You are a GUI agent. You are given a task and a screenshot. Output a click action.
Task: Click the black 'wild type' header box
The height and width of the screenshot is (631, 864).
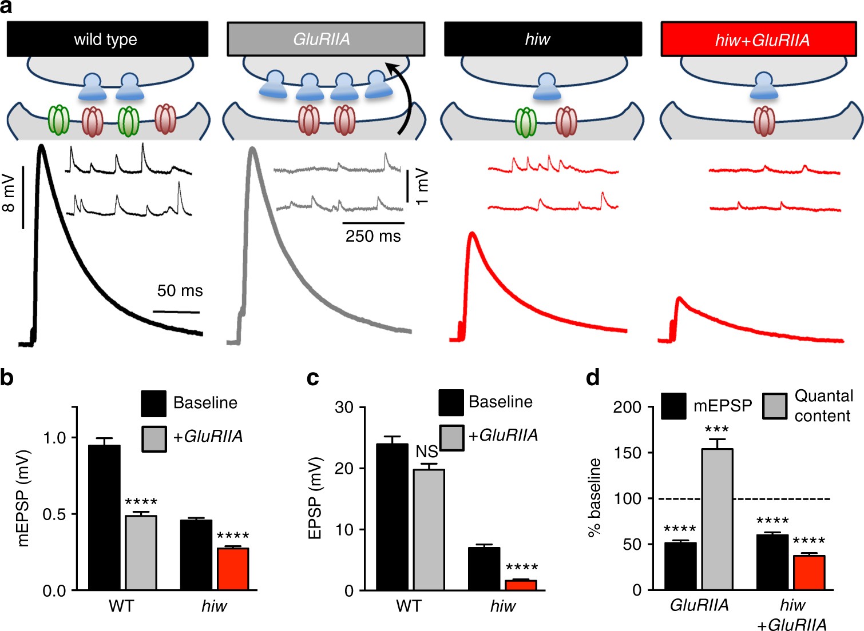107,39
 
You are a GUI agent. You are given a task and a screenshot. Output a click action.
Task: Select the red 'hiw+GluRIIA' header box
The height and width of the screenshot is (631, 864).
762,39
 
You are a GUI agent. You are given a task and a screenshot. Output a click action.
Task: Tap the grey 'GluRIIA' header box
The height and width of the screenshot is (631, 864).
326,39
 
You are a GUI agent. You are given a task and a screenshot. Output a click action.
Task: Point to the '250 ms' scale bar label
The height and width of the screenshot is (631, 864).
373,236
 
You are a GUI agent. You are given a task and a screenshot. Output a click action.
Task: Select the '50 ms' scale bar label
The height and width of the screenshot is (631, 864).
180,291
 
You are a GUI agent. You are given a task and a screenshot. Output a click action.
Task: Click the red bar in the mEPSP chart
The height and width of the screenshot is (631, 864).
233,569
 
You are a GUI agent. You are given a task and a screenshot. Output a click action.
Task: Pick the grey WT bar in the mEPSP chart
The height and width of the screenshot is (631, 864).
141,553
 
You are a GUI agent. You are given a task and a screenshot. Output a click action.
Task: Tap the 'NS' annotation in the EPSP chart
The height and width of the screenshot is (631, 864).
427,452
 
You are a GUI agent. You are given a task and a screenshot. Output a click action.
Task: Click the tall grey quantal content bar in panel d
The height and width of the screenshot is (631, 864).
717,519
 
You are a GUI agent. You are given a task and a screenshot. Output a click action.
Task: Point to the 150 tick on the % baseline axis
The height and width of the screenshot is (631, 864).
627,453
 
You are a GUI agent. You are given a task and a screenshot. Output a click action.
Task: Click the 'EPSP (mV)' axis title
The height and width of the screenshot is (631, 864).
315,498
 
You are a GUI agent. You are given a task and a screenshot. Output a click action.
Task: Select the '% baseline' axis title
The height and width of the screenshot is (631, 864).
595,497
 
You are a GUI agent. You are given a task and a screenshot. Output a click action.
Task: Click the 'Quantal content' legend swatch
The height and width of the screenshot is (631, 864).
775,406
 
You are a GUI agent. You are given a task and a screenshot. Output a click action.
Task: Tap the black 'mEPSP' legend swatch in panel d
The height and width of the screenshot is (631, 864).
673,406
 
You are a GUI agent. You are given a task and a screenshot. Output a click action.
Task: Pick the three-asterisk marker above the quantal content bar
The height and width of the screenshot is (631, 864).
717,430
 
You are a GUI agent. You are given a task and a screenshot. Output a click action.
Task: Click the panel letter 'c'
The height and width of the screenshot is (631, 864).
313,379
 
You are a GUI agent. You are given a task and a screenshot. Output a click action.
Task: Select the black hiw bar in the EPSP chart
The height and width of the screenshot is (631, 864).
484,569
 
